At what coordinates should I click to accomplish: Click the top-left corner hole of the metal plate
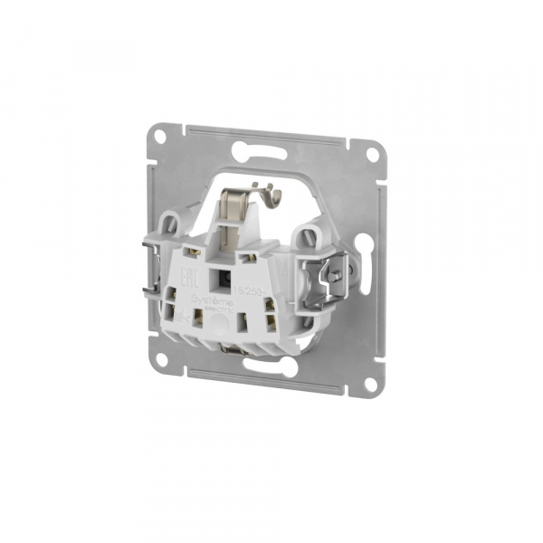click(159, 138)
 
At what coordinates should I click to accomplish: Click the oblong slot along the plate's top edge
click(269, 144)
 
